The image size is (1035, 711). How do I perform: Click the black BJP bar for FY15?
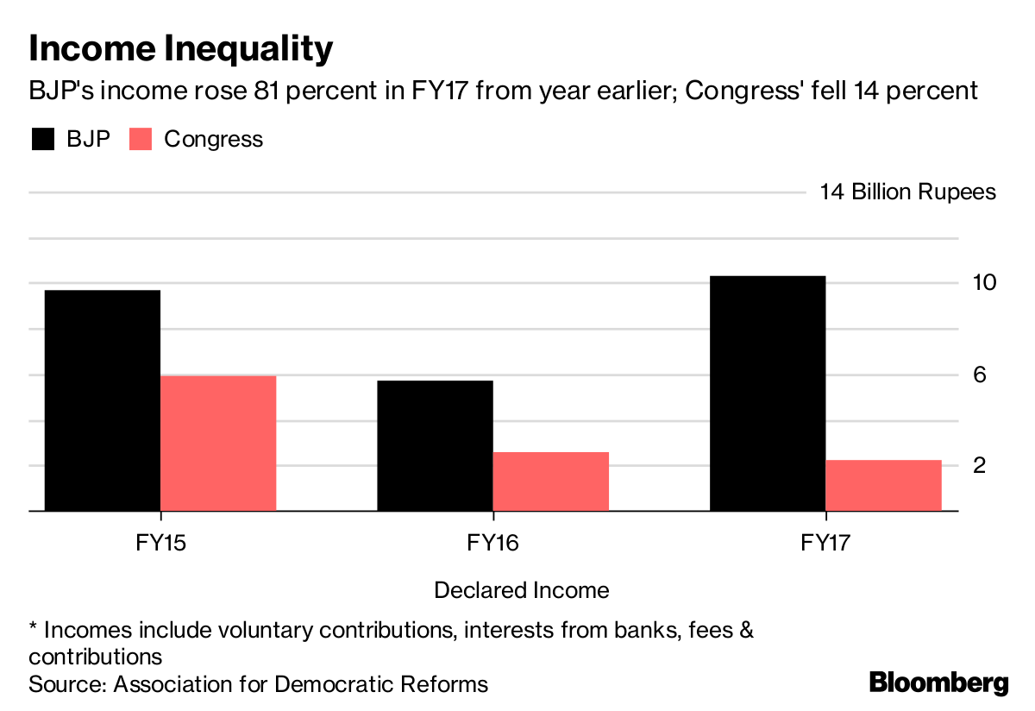(102, 400)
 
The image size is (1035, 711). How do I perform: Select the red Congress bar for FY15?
(218, 443)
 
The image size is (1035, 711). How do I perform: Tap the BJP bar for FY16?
(436, 445)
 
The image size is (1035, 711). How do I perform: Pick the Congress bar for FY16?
(551, 481)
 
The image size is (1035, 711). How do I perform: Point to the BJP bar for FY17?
(768, 393)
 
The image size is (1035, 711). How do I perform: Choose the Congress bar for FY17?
(883, 485)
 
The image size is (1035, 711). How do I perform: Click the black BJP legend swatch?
(42, 139)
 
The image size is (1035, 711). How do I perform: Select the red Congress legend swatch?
(141, 139)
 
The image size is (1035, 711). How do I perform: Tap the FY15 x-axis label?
(160, 543)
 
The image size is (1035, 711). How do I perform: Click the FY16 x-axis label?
(492, 543)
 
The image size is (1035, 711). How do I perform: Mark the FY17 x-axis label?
(825, 543)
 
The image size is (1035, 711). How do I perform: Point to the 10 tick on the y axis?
(985, 283)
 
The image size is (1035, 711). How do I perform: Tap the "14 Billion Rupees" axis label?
(907, 192)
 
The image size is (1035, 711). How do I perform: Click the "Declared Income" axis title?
(522, 590)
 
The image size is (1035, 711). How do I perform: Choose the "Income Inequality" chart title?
(180, 49)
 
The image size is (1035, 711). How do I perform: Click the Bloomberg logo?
(938, 683)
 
